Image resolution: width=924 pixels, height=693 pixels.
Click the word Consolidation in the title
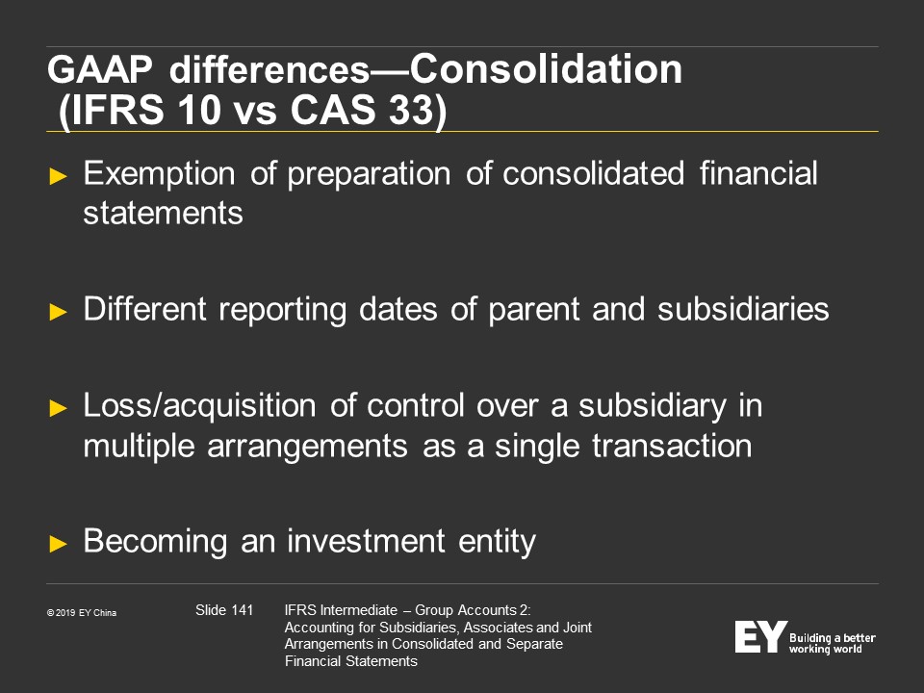click(x=546, y=69)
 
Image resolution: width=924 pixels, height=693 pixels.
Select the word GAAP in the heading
click(x=100, y=69)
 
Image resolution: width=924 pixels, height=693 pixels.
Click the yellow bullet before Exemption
click(x=59, y=176)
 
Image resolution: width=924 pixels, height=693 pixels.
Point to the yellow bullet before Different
click(x=59, y=312)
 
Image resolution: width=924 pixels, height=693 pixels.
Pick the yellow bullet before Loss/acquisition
click(x=59, y=408)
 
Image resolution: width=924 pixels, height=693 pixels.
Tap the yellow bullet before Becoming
click(x=59, y=543)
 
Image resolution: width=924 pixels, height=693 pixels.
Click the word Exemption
click(x=159, y=174)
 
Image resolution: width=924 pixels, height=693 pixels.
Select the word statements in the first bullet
click(x=164, y=214)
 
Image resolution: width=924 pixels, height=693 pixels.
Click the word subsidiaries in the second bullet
click(x=743, y=309)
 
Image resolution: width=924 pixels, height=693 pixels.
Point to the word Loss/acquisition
click(x=200, y=406)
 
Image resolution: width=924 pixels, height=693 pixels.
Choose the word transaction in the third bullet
click(x=672, y=446)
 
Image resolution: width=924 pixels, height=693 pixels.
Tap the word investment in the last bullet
click(x=366, y=541)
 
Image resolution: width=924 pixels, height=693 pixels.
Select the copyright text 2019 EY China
click(x=86, y=613)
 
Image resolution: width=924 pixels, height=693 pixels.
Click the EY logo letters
click(x=760, y=636)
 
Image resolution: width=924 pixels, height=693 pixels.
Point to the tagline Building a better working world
click(x=832, y=644)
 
